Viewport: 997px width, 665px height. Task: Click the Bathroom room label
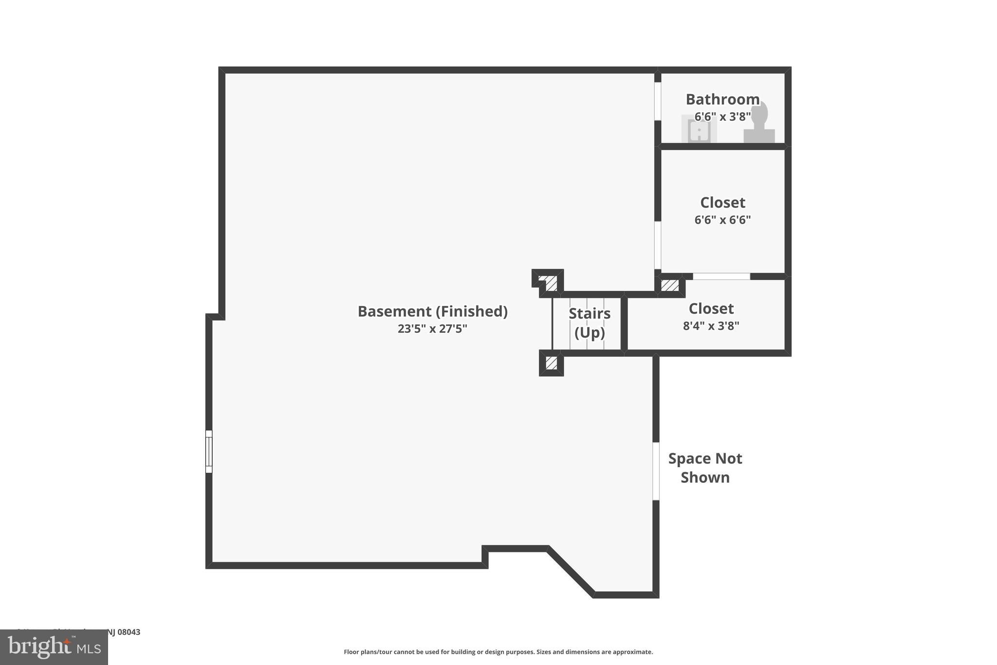point(722,99)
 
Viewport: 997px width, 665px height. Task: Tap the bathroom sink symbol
point(699,130)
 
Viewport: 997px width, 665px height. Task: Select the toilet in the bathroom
point(759,124)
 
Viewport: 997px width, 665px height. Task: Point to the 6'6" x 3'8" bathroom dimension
point(722,117)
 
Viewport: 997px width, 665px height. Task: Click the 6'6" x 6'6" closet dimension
point(722,220)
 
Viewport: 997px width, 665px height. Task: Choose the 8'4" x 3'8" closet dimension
point(711,326)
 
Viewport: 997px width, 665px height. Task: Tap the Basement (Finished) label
point(432,311)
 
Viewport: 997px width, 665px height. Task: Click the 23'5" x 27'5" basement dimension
point(432,329)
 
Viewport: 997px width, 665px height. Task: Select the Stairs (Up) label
point(590,323)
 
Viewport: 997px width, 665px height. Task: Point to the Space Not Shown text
point(705,468)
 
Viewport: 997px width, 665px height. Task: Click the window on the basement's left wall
point(209,451)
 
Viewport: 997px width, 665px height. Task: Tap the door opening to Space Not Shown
point(656,471)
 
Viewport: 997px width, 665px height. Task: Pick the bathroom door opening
point(658,101)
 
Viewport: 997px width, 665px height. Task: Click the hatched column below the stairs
point(551,363)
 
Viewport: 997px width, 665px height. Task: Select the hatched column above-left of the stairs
point(551,283)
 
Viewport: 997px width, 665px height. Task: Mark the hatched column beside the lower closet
point(670,285)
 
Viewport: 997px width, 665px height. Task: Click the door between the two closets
point(721,276)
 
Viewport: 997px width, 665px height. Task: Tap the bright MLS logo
point(54,647)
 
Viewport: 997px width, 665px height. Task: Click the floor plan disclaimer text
point(498,652)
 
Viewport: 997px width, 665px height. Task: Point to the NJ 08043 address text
point(123,632)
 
